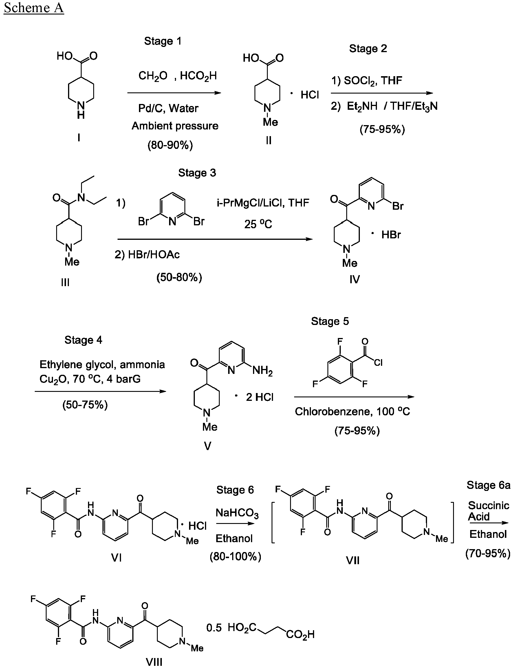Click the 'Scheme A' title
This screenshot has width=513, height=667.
pos(34,8)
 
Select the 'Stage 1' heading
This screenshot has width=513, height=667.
pos(163,41)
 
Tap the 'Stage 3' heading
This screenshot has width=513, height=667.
pos(197,173)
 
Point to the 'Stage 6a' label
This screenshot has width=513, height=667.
pos(488,485)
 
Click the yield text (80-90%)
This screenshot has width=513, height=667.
pos(170,145)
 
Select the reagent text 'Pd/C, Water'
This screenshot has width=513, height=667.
pos(168,108)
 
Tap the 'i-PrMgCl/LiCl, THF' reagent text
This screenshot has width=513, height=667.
pos(263,203)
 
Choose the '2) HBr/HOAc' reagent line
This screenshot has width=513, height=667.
pos(147,254)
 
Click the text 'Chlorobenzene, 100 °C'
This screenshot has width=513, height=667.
pos(352,412)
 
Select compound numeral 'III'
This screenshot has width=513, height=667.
pos(65,282)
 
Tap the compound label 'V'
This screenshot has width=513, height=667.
pos(207,447)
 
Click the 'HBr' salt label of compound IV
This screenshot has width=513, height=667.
pos(391,235)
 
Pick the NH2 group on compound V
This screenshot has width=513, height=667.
pos(262,371)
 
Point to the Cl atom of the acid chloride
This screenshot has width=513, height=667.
pos(378,363)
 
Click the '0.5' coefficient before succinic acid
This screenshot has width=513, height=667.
pos(214,628)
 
